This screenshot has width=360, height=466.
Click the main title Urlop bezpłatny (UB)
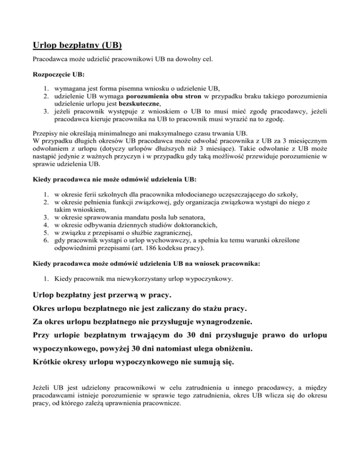pyautogui.click(x=77, y=45)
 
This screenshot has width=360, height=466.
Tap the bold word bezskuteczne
pyautogui.click(x=140, y=104)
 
